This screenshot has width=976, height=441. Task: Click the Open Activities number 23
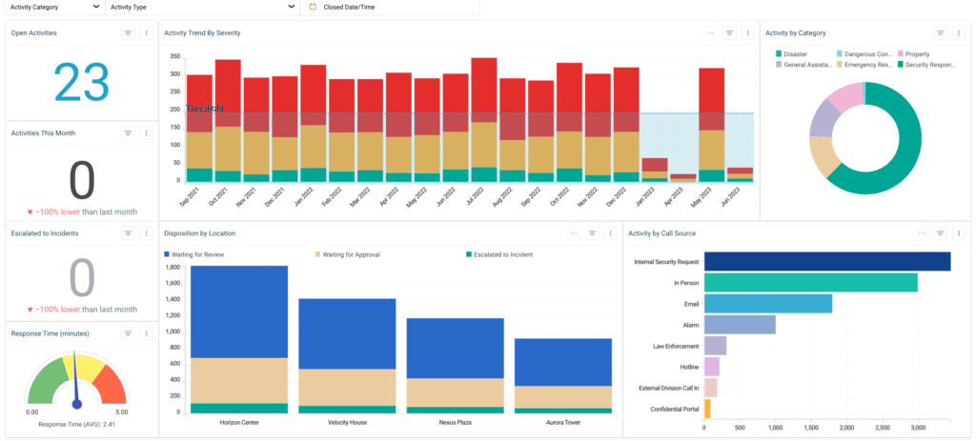[82, 82]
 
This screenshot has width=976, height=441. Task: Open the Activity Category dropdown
[53, 7]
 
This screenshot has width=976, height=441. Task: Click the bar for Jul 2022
[484, 119]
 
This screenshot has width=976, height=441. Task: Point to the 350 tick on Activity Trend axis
[174, 57]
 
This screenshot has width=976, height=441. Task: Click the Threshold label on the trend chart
[203, 109]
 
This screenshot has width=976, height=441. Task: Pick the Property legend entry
[917, 54]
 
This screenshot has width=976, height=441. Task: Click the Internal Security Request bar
[827, 261]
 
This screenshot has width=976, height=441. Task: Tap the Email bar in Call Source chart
[768, 304]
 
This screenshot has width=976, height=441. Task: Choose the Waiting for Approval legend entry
[345, 254]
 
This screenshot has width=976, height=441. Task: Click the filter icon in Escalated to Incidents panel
[128, 232]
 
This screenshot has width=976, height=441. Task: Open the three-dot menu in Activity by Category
[958, 32]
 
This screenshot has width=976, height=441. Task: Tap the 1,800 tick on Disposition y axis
[173, 268]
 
